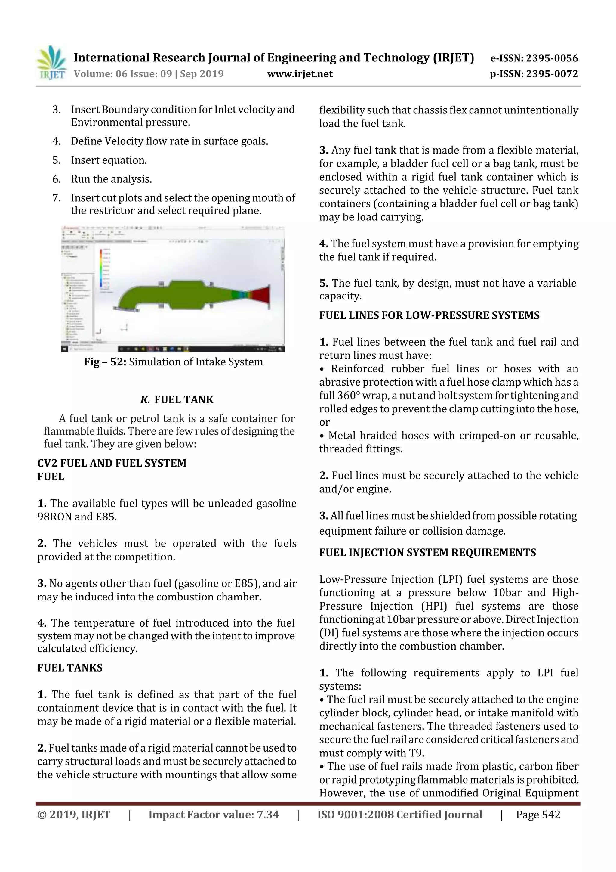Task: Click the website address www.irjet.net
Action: point(300,74)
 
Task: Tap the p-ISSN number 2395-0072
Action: point(552,74)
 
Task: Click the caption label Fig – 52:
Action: point(105,362)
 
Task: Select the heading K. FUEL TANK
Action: point(177,399)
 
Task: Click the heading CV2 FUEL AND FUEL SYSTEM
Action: point(112,463)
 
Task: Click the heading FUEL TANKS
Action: point(70,668)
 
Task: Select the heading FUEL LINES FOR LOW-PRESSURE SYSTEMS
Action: point(429,315)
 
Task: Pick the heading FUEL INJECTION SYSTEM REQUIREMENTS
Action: point(427,553)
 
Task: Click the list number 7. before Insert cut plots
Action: point(57,198)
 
